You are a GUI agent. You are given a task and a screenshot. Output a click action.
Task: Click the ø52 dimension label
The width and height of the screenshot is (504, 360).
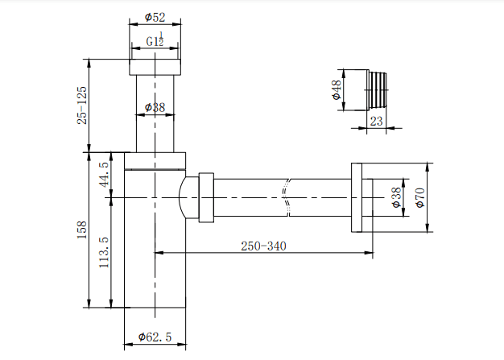(x=155, y=16)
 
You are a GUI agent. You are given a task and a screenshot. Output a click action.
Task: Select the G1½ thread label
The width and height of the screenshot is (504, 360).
(x=156, y=41)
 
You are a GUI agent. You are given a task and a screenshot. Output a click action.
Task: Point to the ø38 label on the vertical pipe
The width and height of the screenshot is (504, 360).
(x=155, y=107)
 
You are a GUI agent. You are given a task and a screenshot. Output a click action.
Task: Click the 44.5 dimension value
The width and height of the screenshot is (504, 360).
(x=103, y=174)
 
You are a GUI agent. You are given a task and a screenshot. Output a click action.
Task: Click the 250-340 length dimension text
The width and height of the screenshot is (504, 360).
(x=262, y=246)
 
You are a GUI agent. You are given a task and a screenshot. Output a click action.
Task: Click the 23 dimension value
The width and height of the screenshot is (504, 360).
(x=376, y=122)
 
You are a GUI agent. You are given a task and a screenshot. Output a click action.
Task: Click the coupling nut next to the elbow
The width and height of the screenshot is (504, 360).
(x=205, y=197)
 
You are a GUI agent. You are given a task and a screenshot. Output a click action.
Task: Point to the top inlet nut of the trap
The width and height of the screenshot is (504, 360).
(x=155, y=67)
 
